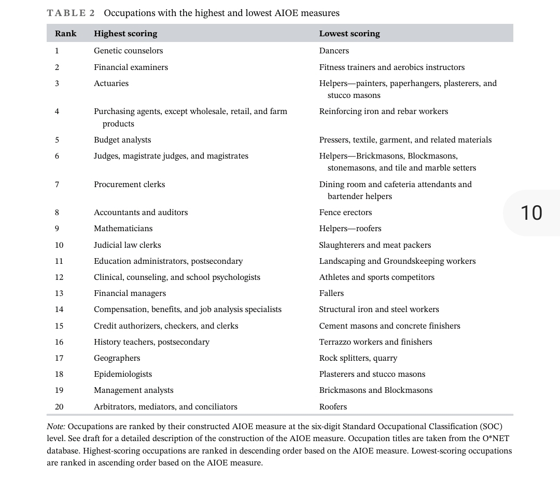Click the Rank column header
point(65,34)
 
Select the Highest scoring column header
point(125,34)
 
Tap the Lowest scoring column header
point(349,34)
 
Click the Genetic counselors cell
point(128,51)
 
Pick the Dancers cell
point(334,51)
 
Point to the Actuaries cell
point(111,83)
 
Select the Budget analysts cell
point(122,140)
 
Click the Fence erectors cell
point(345,213)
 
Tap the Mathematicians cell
point(123,229)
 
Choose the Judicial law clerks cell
point(127,245)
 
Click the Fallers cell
point(331,293)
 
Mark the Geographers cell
point(117,358)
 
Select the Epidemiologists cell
point(123,374)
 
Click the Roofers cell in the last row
point(333,407)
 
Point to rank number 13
point(59,293)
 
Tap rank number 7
point(57,185)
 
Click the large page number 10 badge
point(531,213)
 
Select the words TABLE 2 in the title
point(67,13)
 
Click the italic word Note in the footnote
point(55,427)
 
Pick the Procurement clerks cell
point(129,185)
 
